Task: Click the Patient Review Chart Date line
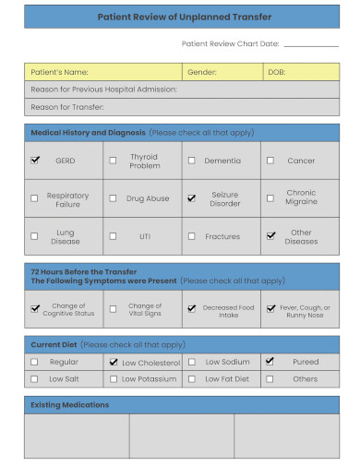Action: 311,44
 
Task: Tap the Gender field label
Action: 202,72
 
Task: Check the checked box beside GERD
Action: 35,160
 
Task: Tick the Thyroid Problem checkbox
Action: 113,160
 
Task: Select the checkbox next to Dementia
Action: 191,160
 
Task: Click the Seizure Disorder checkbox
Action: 191,197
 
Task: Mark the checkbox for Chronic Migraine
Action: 270,197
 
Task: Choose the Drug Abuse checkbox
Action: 113,197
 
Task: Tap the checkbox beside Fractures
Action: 191,236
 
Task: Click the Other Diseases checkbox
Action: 270,235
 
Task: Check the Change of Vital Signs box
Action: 113,309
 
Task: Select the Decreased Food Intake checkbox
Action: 191,308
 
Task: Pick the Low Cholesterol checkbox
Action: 113,363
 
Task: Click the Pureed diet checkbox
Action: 270,362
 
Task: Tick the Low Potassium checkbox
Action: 113,378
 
